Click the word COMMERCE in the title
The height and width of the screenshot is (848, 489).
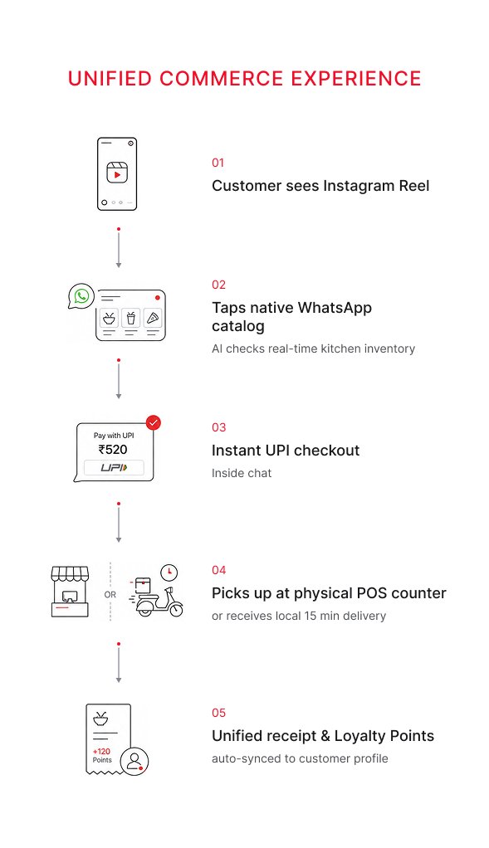point(222,79)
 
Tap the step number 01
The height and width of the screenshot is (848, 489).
point(218,163)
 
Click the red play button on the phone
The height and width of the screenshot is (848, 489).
point(117,174)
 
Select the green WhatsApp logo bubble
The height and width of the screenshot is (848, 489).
point(81,296)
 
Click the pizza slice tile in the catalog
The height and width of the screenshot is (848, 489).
point(153,318)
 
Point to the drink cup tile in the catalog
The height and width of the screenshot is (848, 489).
point(131,318)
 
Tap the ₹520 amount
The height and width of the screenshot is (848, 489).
point(113,450)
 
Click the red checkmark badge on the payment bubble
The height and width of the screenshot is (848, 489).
point(154,422)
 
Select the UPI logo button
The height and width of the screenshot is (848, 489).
point(114,467)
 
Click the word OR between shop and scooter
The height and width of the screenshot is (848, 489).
point(110,594)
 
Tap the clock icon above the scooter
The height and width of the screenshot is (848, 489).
point(169,572)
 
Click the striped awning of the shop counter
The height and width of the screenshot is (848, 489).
point(70,573)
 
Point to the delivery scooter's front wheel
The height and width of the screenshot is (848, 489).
point(176,610)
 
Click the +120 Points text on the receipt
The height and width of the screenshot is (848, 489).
point(101,756)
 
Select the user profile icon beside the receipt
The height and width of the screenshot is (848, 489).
point(134,762)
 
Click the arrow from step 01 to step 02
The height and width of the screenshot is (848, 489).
point(119,248)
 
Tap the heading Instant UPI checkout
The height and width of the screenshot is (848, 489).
point(286,451)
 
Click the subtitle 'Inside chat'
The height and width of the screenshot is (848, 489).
point(242,473)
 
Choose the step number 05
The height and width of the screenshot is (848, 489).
point(218,713)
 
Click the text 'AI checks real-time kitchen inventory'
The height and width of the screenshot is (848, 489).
point(313,348)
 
